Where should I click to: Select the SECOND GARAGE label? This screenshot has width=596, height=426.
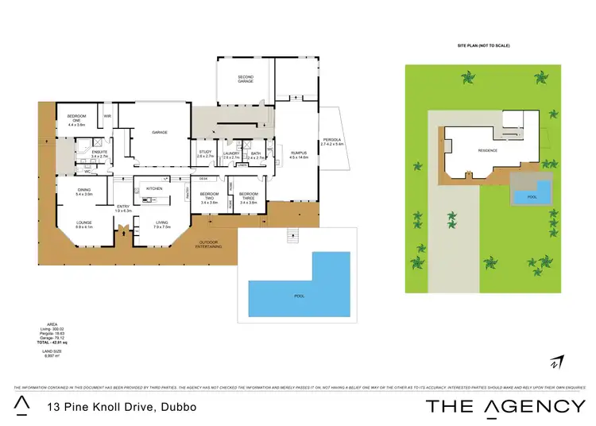245,79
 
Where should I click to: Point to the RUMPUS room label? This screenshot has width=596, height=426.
298,153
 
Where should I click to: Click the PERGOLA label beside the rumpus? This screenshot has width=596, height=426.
331,140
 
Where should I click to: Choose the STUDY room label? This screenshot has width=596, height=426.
204,153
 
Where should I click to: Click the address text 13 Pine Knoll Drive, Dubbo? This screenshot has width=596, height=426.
122,407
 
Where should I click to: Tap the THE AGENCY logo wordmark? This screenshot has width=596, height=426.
505,406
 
